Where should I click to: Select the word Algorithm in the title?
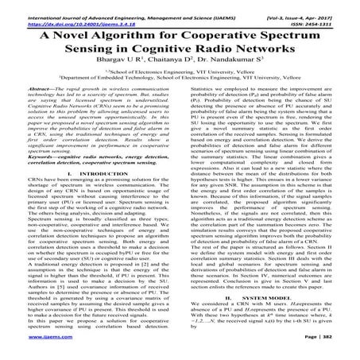pyautogui.click(x=134, y=37)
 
